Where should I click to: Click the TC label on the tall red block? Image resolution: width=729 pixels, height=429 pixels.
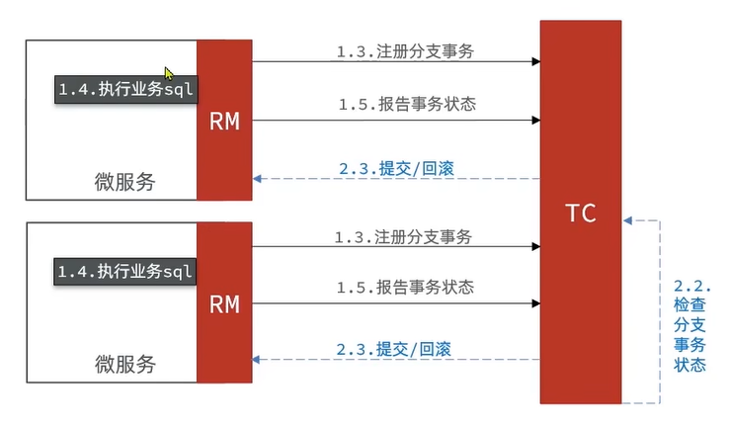point(581,213)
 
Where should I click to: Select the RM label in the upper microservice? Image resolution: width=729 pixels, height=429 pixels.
point(224,122)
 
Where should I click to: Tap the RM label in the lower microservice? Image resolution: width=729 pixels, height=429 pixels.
point(224,304)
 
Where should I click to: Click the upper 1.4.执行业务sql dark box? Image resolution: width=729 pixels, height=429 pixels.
point(125,89)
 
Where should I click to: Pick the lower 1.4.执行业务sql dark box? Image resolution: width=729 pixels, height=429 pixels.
point(125,271)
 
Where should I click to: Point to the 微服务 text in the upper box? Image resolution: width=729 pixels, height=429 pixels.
point(124,182)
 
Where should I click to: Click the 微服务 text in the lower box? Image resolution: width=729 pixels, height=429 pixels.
point(124,363)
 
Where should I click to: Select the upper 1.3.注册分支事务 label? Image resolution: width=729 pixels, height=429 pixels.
point(406,50)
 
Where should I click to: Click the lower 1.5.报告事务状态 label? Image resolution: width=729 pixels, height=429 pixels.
point(405,288)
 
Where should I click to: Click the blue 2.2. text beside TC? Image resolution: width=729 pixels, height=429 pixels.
point(686,286)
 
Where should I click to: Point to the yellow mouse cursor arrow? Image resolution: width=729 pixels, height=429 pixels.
point(170,74)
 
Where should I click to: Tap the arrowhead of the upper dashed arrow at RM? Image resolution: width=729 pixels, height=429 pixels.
point(258,179)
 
